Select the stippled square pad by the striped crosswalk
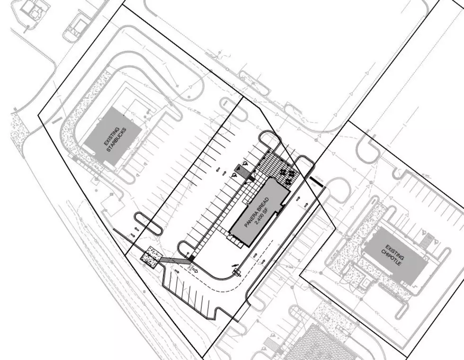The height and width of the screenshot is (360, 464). pos(152,257)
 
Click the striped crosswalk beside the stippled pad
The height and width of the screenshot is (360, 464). pos(175,260)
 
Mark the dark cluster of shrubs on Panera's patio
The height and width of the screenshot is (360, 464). pos(287,176)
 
